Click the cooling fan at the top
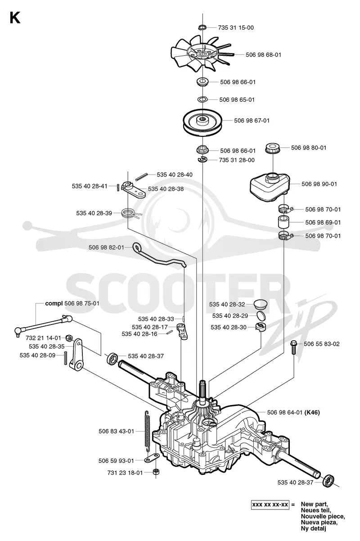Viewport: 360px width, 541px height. click(x=202, y=54)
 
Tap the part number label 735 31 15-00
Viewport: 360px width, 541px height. click(x=236, y=27)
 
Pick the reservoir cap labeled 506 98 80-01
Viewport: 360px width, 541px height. click(x=273, y=148)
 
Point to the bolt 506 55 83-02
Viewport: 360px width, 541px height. click(x=293, y=347)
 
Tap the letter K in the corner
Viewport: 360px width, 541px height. click(x=15, y=18)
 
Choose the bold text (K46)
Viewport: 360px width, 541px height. click(x=312, y=412)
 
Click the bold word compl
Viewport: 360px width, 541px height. click(x=54, y=304)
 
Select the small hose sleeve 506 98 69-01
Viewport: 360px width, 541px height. click(x=284, y=222)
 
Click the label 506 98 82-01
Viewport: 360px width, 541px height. click(x=106, y=247)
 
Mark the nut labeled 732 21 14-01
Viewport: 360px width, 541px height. click(x=68, y=338)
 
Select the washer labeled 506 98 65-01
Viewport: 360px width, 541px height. click(x=202, y=99)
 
